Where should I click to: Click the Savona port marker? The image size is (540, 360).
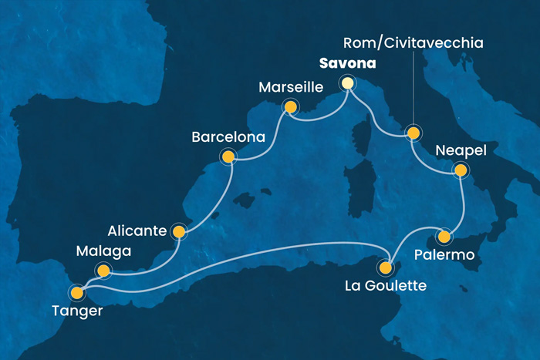(349, 83)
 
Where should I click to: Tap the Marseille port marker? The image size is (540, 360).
(291, 107)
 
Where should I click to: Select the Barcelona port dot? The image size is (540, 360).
(228, 157)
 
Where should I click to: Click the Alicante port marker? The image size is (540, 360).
(179, 230)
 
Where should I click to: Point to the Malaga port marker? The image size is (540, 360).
(103, 270)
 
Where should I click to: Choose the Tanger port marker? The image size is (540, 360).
(76, 292)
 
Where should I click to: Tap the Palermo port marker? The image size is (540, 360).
(444, 236)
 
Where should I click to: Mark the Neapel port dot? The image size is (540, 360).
(461, 170)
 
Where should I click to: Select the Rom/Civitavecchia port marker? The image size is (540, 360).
(413, 133)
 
